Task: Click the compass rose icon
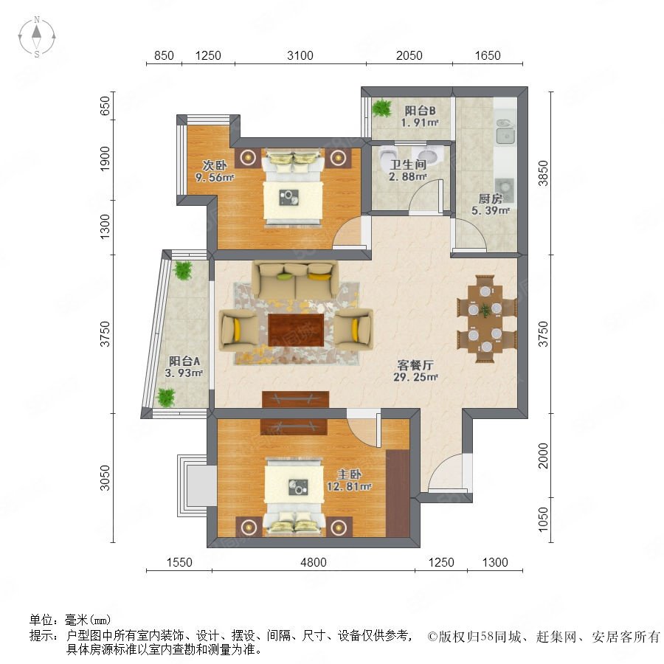(x=37, y=37)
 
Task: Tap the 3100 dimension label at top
(x=300, y=55)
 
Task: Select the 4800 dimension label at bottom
(x=314, y=562)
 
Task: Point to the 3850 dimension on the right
(x=543, y=173)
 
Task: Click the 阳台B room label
(x=420, y=111)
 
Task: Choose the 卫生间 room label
(x=408, y=165)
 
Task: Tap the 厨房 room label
(x=491, y=198)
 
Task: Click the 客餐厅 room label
(x=415, y=365)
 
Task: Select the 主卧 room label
(x=349, y=474)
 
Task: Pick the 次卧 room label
(x=214, y=165)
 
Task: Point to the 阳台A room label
(x=184, y=362)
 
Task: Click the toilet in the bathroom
(x=388, y=156)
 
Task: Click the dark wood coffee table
(x=296, y=330)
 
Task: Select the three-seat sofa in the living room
(x=295, y=280)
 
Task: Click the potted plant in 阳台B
(x=382, y=108)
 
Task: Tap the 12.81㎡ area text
(x=349, y=487)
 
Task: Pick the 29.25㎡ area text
(x=415, y=377)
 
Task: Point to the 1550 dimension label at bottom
(x=179, y=562)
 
